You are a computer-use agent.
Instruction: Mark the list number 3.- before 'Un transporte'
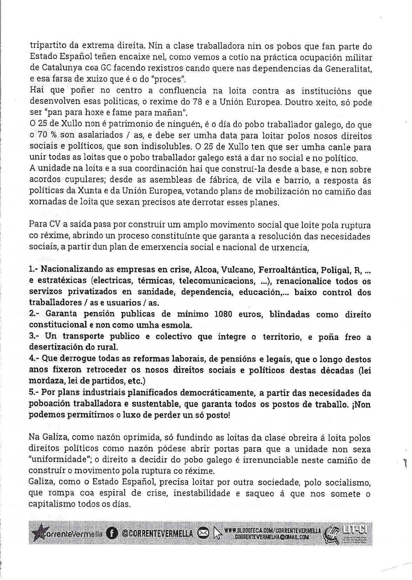pyautogui.click(x=34, y=336)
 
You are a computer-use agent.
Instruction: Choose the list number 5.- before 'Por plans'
pyautogui.click(x=34, y=393)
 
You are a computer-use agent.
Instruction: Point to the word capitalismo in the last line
pyautogui.click(x=51, y=505)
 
